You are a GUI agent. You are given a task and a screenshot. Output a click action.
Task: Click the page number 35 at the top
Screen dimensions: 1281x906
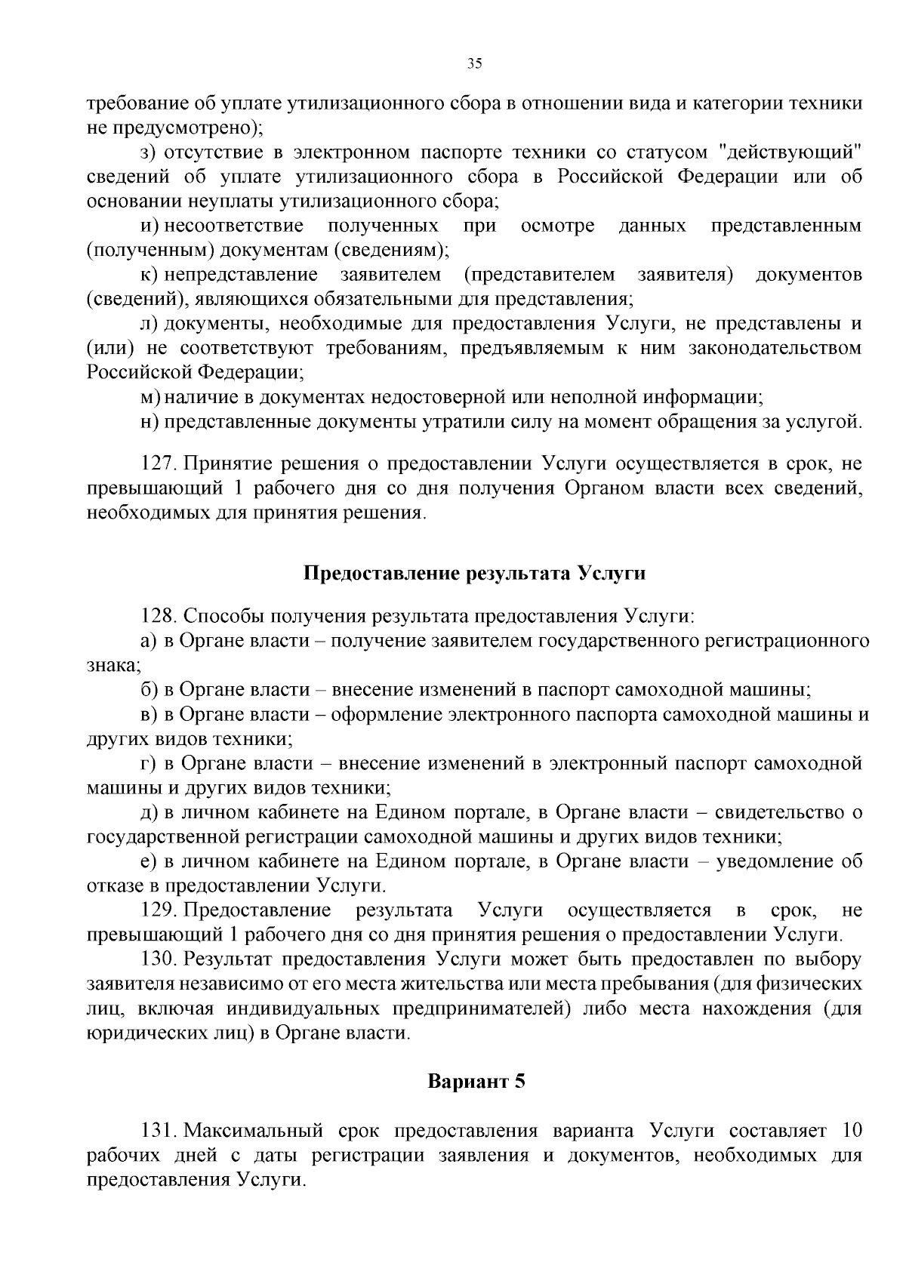point(475,64)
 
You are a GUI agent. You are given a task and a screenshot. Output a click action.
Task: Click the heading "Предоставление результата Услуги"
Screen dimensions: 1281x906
point(475,573)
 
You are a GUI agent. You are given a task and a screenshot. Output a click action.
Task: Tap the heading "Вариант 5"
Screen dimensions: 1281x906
point(476,1081)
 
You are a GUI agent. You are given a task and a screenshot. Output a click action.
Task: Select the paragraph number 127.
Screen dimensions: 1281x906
point(158,463)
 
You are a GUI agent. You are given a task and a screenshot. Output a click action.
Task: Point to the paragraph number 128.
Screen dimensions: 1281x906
point(158,616)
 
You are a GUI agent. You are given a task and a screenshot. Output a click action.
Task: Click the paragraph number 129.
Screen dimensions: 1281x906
point(158,910)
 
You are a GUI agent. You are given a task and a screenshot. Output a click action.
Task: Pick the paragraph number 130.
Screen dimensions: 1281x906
point(158,959)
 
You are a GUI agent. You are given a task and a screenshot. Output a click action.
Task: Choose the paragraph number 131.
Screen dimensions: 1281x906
point(158,1131)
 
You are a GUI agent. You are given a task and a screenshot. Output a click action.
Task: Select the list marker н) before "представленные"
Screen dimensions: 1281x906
point(149,421)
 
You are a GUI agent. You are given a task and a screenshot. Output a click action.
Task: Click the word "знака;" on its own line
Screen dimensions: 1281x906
point(113,665)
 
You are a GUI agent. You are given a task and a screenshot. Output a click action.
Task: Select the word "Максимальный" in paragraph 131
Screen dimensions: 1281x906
point(254,1131)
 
